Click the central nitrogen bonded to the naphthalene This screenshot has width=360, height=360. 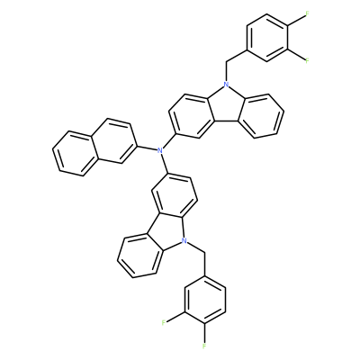pyautogui.click(x=161, y=150)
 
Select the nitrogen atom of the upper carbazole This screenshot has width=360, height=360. pyautogui.click(x=226, y=85)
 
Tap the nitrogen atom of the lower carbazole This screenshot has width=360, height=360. pyautogui.click(x=184, y=240)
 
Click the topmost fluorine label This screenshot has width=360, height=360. pyautogui.click(x=307, y=14)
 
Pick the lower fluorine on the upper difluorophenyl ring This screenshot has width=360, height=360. pyautogui.click(x=307, y=61)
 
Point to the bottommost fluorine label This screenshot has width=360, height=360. pyautogui.click(x=204, y=346)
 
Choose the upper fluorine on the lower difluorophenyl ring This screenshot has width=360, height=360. pyautogui.click(x=164, y=323)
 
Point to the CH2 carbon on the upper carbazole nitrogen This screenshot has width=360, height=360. pyautogui.click(x=226, y=61)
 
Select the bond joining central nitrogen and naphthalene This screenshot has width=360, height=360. pyautogui.click(x=148, y=148)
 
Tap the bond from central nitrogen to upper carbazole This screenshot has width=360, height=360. pyautogui.click(x=168, y=140)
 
